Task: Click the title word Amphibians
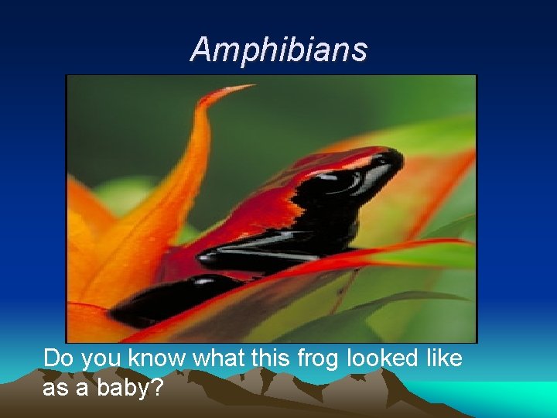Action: (278, 50)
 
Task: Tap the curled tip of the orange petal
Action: (236, 88)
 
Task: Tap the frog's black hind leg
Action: (170, 302)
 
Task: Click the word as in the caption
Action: (56, 387)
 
